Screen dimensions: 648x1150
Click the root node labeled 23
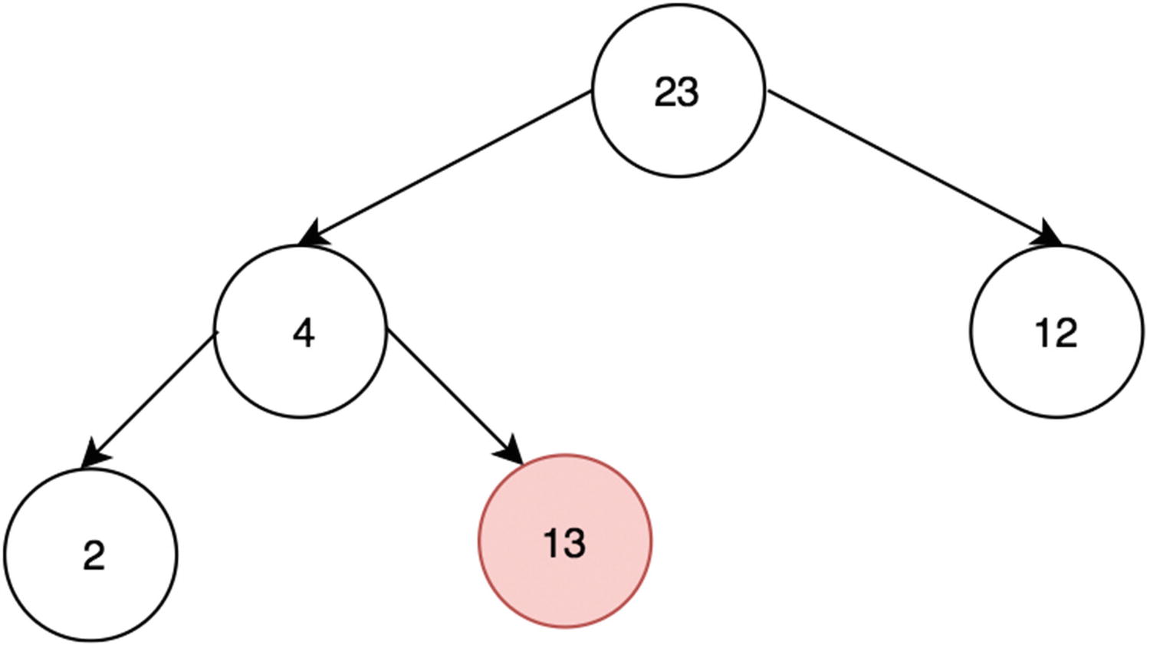coord(678,91)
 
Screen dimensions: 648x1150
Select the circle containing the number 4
coord(301,332)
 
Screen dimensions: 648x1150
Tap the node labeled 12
coord(1056,332)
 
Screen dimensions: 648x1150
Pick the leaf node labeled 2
coord(91,554)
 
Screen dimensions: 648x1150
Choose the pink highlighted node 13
coord(565,541)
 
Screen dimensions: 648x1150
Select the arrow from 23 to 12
coord(912,166)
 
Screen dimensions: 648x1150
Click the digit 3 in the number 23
coord(688,93)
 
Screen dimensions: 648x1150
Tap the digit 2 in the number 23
coord(665,93)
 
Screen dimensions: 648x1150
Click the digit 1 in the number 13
coord(551,544)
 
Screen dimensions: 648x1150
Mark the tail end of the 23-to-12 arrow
coord(771,94)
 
